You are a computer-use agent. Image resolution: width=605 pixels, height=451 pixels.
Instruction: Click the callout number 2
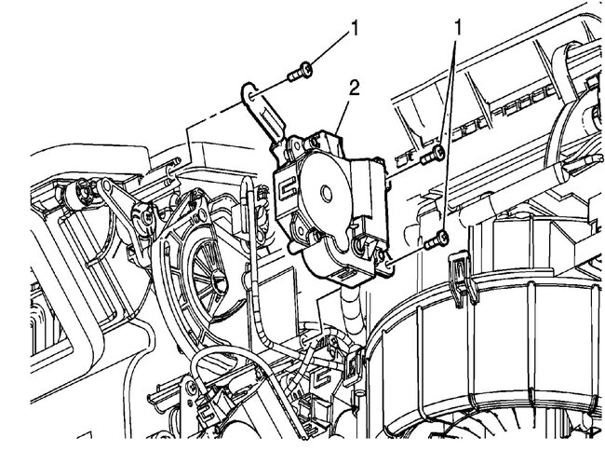click(354, 89)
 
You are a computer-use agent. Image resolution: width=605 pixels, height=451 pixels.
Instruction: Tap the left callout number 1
click(354, 28)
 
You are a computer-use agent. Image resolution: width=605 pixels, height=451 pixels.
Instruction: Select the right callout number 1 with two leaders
click(458, 28)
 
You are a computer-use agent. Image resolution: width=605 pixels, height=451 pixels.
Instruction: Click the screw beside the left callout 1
click(301, 72)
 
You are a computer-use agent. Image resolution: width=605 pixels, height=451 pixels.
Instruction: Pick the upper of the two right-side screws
click(433, 156)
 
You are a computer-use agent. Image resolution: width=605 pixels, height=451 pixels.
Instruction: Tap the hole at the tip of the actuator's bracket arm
click(250, 96)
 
